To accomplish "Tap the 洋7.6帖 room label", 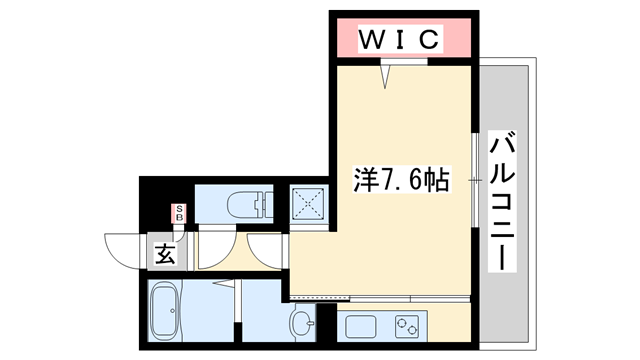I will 400,181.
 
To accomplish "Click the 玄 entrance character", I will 165,254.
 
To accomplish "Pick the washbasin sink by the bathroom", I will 303,321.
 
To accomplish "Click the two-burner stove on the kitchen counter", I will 408,326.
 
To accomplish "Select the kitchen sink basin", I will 361,326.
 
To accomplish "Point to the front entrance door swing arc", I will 122,250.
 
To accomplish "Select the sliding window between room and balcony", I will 475,180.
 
